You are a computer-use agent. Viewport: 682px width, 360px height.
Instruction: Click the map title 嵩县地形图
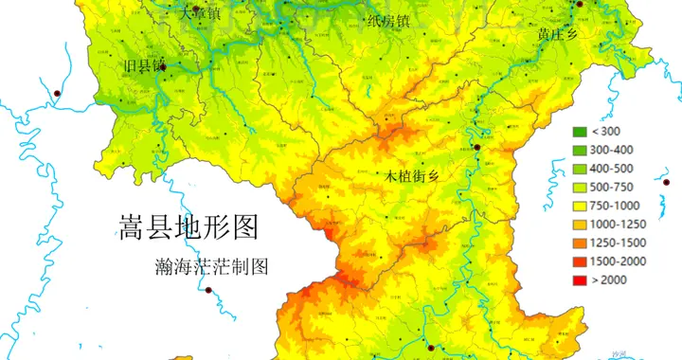coord(188,226)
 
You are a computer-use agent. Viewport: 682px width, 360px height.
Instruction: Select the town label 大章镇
coord(201,14)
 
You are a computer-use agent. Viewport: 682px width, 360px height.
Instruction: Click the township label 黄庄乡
coord(557,33)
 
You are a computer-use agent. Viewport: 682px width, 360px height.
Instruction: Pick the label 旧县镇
coord(144,66)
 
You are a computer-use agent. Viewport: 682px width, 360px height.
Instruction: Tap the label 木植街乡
coord(413,176)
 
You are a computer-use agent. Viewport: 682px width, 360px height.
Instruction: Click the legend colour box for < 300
coord(578,132)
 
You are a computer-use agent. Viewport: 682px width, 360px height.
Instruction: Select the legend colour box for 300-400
coord(578,150)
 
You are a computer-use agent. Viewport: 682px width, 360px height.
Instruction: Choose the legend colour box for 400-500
coord(578,169)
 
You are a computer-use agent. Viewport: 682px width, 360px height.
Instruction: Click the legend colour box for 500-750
coord(578,188)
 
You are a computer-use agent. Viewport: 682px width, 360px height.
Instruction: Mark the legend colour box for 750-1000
coord(578,206)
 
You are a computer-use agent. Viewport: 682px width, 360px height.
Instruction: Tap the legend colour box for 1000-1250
coord(578,225)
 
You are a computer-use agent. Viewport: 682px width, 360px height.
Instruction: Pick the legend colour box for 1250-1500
coord(578,243)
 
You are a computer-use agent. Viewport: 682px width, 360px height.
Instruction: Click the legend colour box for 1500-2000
coord(578,261)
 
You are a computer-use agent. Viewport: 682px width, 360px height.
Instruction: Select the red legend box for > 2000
coord(578,280)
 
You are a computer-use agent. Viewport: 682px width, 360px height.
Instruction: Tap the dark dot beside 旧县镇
coord(164,67)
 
